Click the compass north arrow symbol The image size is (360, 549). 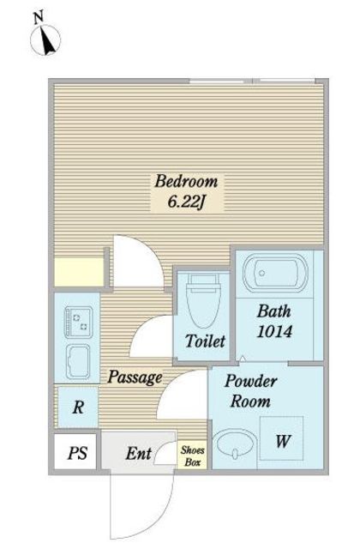(x=45, y=39)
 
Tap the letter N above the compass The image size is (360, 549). (x=38, y=17)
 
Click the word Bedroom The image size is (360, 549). (x=187, y=181)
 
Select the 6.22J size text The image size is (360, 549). (x=186, y=202)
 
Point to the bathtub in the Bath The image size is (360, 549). (x=275, y=273)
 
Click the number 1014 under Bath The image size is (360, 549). (x=274, y=331)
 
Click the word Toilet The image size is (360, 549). (x=205, y=341)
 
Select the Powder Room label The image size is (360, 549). (x=251, y=391)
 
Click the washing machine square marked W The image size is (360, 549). (x=281, y=438)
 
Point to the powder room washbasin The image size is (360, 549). (x=234, y=444)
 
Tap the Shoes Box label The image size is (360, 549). (x=192, y=455)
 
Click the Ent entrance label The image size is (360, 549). (x=139, y=454)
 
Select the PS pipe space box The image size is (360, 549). (x=75, y=452)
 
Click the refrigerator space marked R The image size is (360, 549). (x=78, y=407)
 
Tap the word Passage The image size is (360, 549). (x=135, y=377)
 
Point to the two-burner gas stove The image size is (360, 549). (x=79, y=323)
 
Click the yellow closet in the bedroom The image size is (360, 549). (x=79, y=272)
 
